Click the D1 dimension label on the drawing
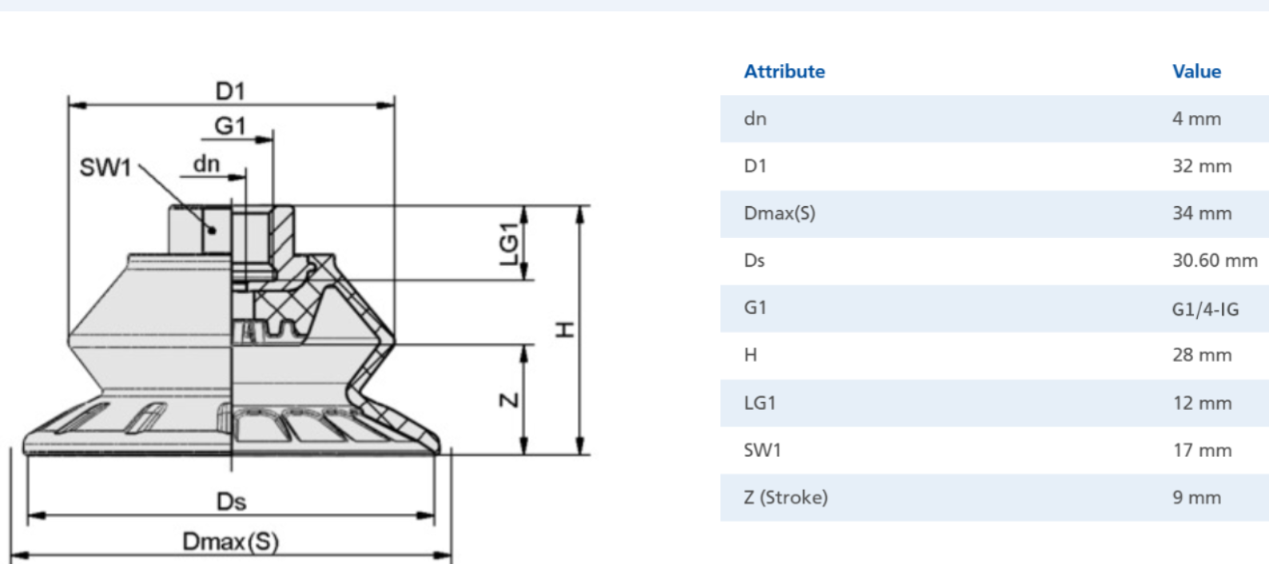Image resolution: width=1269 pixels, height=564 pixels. point(230,91)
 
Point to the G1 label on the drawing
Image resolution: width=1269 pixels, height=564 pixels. point(230,125)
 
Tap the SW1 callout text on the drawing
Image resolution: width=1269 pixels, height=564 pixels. point(105,168)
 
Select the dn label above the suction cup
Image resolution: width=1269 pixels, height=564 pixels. point(206,165)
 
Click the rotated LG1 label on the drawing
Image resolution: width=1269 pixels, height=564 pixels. point(509,244)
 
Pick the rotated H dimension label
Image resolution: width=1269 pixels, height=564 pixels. point(565,330)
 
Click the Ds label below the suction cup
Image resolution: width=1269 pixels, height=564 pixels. point(231,502)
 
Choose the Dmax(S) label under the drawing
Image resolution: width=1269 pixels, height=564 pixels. point(231,542)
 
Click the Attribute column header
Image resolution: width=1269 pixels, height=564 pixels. point(784,71)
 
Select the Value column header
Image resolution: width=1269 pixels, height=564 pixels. point(1196,71)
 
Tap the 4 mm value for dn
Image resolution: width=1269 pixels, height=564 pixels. point(1196,119)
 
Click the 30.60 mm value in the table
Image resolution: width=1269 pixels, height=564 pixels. point(1215,260)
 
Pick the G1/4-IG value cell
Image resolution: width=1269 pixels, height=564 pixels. point(1205,309)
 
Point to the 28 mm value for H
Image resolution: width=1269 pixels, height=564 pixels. point(1202,355)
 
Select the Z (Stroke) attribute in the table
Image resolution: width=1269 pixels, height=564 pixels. point(786,498)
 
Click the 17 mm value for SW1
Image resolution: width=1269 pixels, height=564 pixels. point(1202,451)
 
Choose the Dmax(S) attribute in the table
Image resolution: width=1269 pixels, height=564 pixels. point(779,213)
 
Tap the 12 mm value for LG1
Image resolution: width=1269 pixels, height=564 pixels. point(1202,403)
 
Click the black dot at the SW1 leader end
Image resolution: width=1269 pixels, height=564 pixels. point(212,230)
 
